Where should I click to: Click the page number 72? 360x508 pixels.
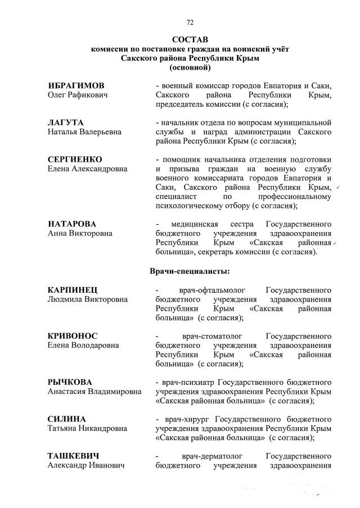190,22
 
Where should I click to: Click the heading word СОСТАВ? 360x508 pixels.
190,40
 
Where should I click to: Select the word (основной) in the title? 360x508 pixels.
190,67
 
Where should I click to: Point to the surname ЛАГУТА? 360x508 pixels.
66,122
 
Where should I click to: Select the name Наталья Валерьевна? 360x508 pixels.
84,131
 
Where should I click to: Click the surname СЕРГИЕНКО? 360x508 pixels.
75,159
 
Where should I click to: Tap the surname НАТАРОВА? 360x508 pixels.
72,224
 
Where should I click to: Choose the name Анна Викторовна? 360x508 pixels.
80,233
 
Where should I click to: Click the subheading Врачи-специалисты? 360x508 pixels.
190,271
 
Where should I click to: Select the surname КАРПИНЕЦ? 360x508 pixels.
73,290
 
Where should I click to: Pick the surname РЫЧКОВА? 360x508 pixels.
70,382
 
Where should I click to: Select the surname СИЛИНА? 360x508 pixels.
66,419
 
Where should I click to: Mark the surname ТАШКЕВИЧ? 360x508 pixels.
74,456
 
